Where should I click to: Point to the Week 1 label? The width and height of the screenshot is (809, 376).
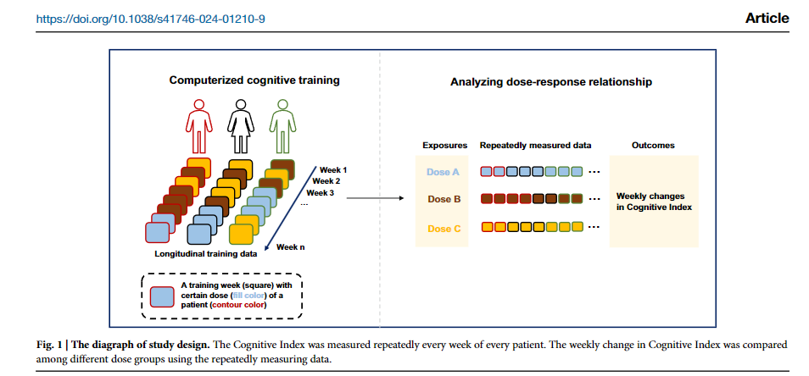(333, 169)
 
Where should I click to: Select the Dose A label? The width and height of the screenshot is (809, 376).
(443, 172)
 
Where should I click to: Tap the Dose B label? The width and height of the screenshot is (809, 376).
(444, 200)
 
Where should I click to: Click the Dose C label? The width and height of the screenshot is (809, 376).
(444, 228)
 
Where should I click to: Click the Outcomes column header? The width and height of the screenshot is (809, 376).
(653, 146)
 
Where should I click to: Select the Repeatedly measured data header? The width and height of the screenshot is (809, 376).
(535, 146)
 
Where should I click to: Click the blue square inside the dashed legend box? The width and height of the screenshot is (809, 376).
(161, 296)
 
